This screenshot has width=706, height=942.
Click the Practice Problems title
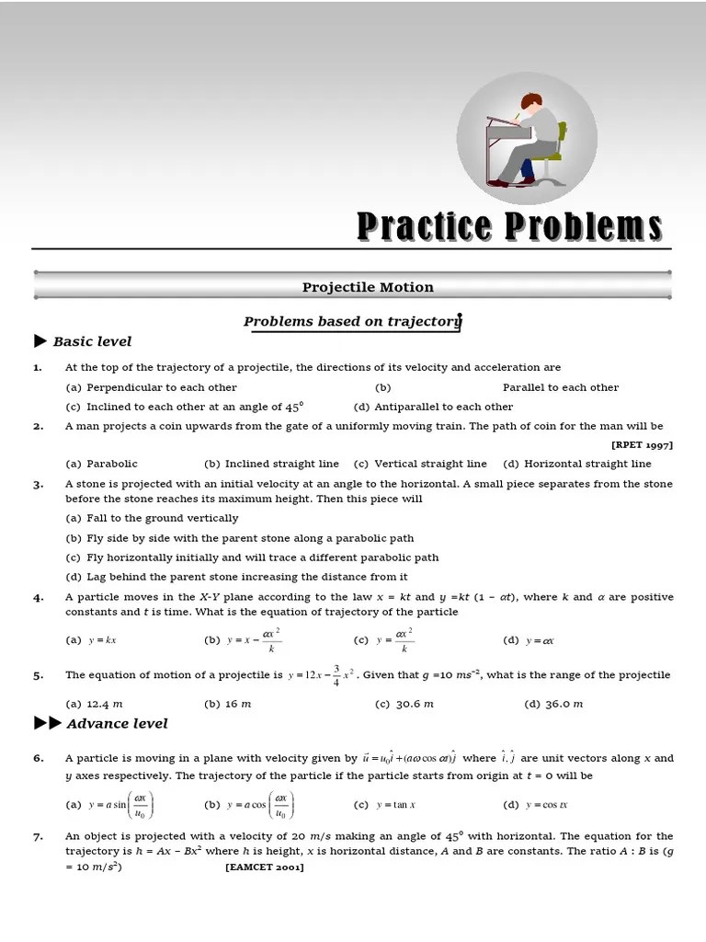click(508, 225)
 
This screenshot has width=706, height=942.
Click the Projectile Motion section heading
click(368, 287)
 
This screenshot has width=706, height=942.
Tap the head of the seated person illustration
click(530, 102)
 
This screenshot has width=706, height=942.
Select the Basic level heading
click(91, 341)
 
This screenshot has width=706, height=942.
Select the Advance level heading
click(116, 723)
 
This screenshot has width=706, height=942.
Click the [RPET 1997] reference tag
click(642, 444)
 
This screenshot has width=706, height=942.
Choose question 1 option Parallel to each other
click(560, 387)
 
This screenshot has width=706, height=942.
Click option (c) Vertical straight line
click(420, 464)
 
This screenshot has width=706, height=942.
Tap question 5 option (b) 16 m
click(227, 704)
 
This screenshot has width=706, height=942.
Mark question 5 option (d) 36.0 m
click(553, 704)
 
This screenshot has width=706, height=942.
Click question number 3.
click(38, 484)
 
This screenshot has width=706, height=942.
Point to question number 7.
click(38, 836)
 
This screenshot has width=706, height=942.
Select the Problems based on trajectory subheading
click(352, 321)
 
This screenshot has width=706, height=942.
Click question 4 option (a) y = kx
click(91, 640)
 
